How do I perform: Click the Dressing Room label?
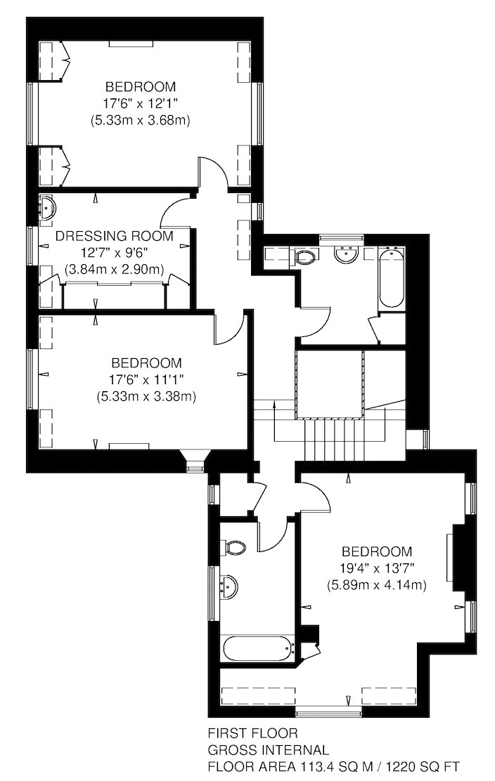(114, 235)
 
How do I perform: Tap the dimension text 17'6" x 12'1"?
(140, 103)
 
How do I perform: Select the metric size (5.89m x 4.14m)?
(376, 585)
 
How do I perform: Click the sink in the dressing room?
(48, 206)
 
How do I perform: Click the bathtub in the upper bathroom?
(392, 277)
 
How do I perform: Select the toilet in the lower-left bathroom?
(234, 547)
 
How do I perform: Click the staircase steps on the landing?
(332, 440)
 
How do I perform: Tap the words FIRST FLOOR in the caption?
(252, 733)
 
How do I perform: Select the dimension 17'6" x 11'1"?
(146, 379)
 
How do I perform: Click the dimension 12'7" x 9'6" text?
(114, 253)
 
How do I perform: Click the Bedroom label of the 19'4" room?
(376, 551)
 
